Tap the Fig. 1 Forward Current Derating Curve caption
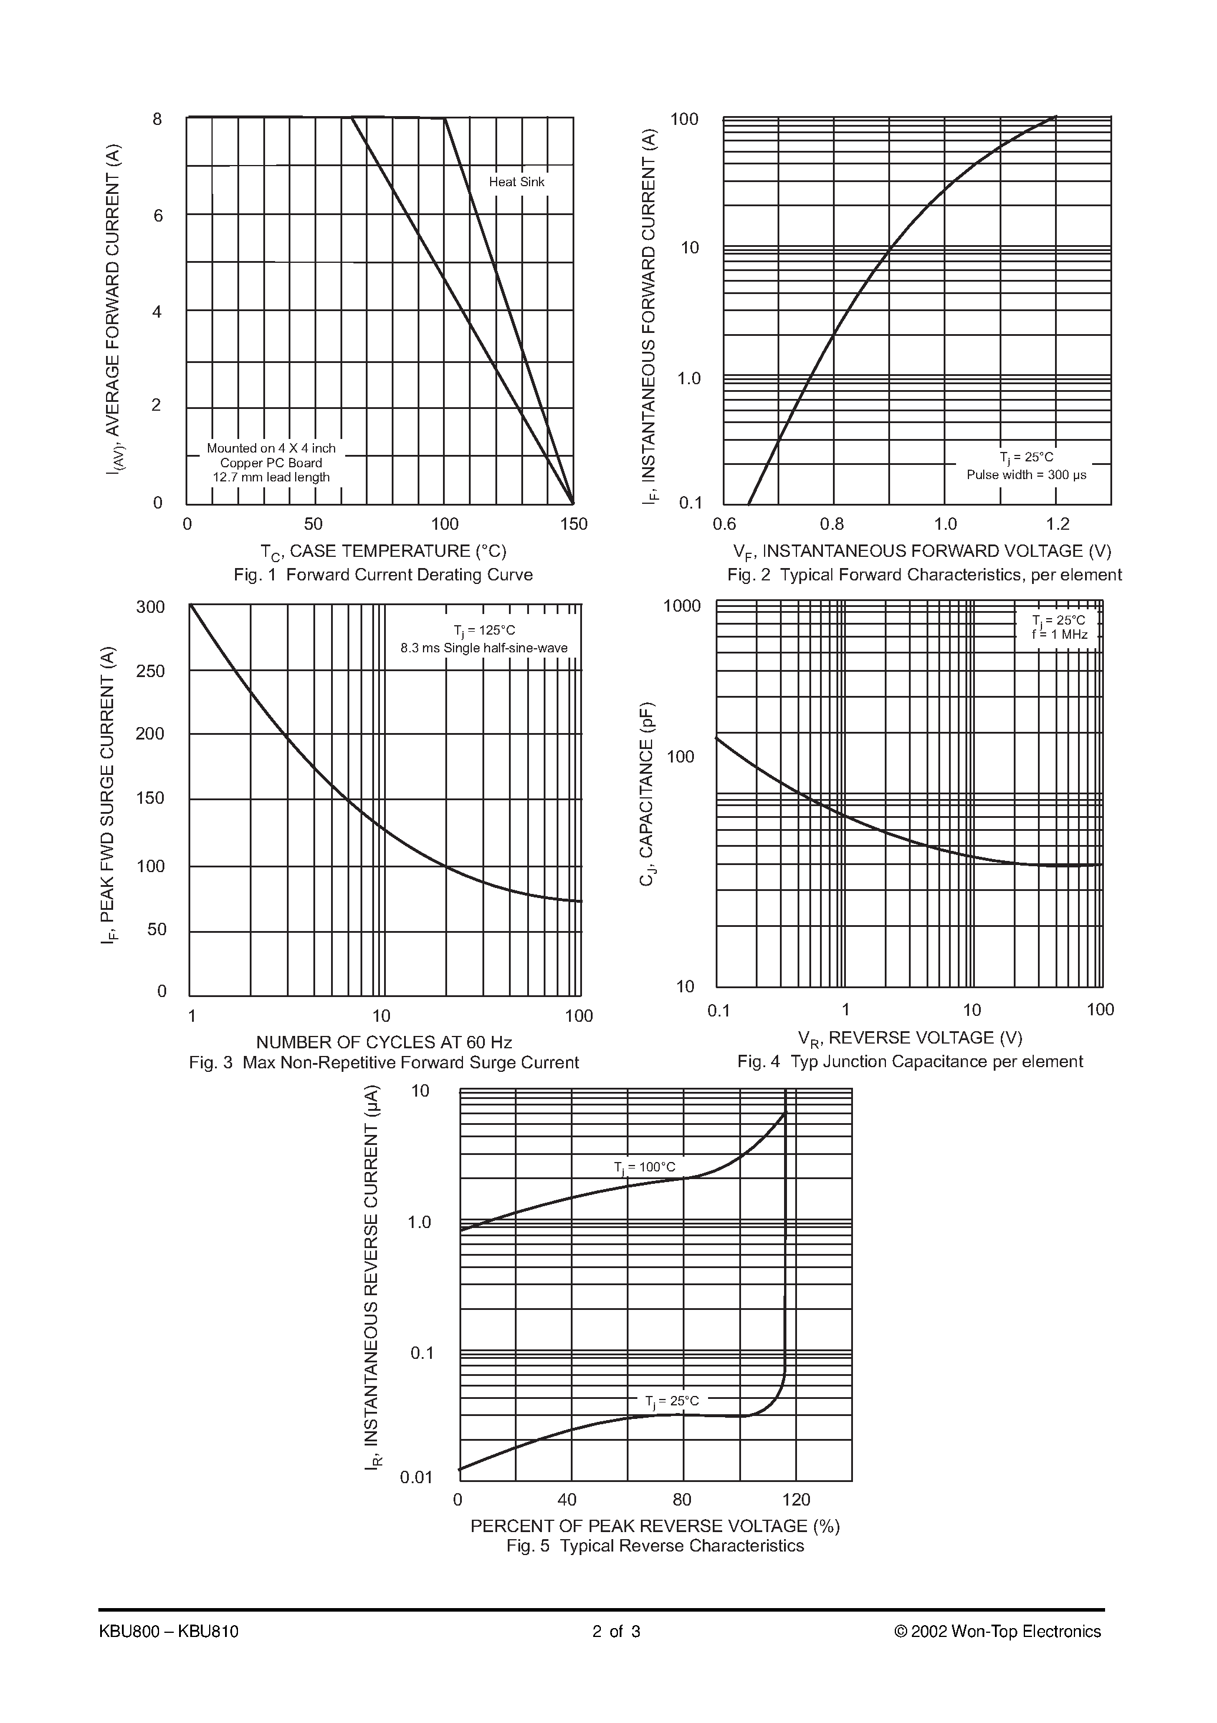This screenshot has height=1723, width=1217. point(383,575)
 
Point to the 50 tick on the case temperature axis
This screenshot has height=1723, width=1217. point(313,524)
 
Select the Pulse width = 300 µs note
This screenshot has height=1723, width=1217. point(1026,475)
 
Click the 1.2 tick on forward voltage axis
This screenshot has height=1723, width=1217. point(1057,524)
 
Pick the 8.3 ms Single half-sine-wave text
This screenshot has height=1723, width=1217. point(484,648)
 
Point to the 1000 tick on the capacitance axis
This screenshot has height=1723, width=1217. point(682,606)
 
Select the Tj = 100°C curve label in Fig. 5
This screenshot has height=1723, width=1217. point(644,1168)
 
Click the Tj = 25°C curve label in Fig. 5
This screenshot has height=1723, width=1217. point(672,1401)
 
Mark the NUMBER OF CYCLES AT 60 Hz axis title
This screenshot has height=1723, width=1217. point(384,1042)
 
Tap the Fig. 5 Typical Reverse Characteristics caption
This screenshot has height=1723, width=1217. point(654,1546)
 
